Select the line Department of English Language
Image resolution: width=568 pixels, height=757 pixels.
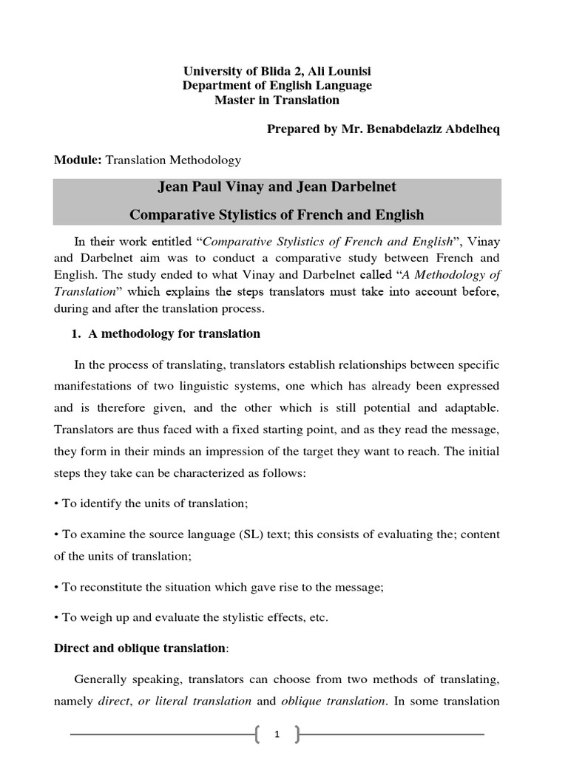[277, 86]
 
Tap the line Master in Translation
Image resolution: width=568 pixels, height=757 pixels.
[277, 100]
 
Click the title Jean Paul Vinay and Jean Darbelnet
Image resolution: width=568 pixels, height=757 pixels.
[277, 187]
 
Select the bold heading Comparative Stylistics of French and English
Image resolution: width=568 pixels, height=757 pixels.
[277, 214]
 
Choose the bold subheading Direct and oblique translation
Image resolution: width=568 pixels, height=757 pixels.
[140, 648]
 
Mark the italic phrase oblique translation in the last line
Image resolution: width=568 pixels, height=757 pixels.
[334, 701]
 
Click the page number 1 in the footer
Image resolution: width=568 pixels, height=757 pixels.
[277, 735]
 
